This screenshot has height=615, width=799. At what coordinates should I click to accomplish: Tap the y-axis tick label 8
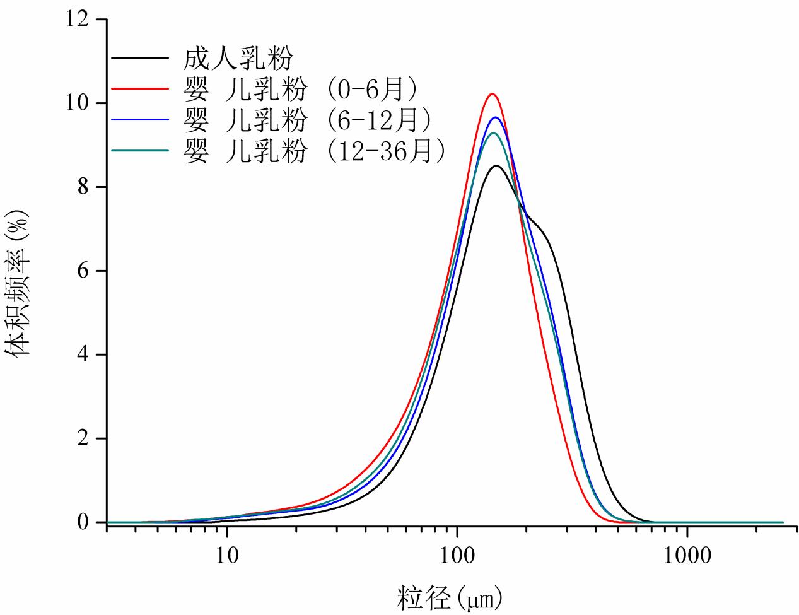83,187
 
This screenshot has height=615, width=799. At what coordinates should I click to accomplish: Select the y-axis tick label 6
83,271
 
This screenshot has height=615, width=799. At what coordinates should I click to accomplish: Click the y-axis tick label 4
83,355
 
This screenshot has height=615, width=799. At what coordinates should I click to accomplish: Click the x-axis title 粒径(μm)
451,596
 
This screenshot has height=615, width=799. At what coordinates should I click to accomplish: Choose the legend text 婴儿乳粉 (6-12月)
308,120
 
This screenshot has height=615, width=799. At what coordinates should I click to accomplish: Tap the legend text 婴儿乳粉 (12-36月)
315,151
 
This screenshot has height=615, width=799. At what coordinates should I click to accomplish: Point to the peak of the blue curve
495,117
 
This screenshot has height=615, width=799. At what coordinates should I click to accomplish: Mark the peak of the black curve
497,166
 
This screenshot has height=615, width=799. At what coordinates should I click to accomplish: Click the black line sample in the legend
140,58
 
